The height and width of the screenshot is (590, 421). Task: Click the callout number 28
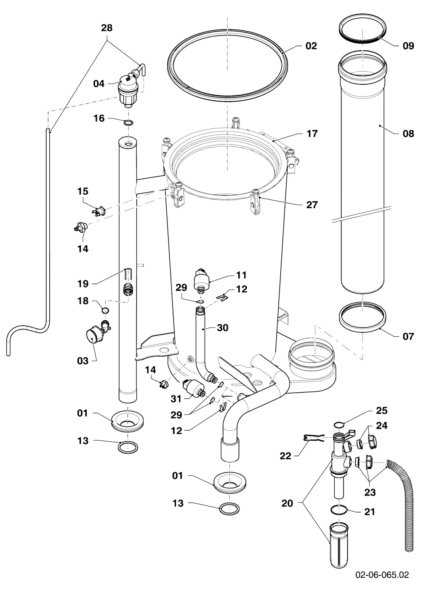point(107,28)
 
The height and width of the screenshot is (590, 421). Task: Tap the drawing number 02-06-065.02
point(382,574)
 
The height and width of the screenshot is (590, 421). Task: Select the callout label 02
point(311,46)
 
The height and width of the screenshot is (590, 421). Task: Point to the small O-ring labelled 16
point(128,123)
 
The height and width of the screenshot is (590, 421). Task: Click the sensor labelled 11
point(202,280)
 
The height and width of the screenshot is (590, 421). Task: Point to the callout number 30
point(223,328)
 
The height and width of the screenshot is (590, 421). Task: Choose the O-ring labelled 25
point(338,425)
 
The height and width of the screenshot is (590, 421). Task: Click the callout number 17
point(312,134)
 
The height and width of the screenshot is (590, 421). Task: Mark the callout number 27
point(312,205)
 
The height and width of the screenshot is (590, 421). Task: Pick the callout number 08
point(408,134)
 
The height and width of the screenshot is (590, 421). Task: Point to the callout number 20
point(287,503)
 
